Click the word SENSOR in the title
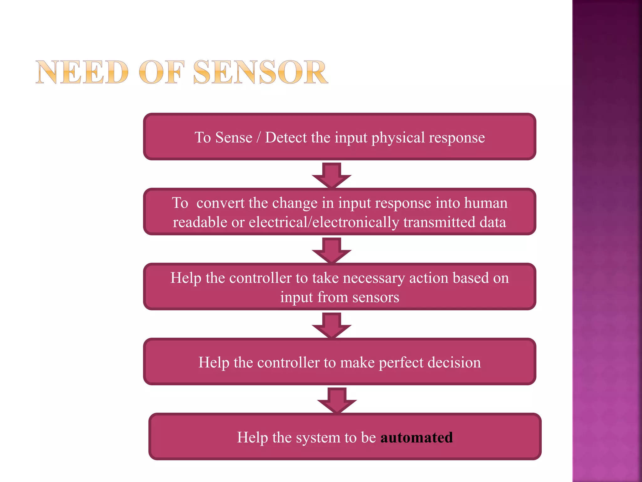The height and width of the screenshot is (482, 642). pyautogui.click(x=260, y=72)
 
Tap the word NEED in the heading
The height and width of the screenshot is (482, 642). pyautogui.click(x=82, y=72)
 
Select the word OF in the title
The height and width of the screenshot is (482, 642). pyautogui.click(x=160, y=72)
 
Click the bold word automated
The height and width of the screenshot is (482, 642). pyautogui.click(x=417, y=437)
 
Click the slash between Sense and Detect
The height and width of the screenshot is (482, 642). pyautogui.click(x=259, y=137)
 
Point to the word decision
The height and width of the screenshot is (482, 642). pyautogui.click(x=454, y=362)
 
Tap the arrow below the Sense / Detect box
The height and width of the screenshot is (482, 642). pyautogui.click(x=331, y=175)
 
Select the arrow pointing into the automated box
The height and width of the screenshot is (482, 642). pyautogui.click(x=337, y=400)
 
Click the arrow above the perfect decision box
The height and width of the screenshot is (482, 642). pyautogui.click(x=331, y=325)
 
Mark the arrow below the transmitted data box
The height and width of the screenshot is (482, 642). pyautogui.click(x=331, y=250)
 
